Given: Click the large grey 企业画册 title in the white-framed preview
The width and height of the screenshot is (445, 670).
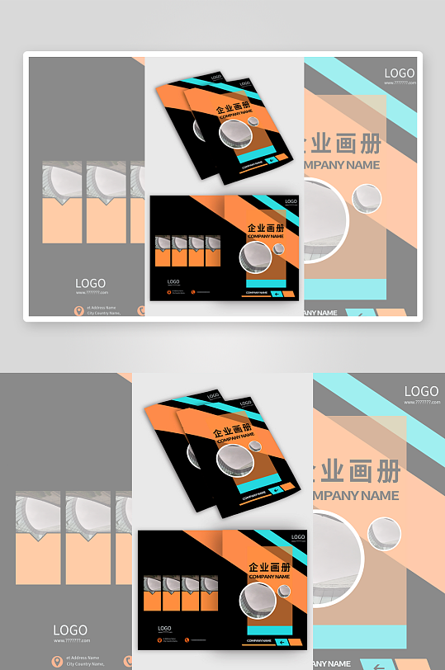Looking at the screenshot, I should coord(342,143).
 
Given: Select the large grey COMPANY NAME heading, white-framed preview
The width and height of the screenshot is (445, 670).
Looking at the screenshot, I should coord(342,164).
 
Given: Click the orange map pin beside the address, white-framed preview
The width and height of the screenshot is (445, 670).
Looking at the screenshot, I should coord(79,310).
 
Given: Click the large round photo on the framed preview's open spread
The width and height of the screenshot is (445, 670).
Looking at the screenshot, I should coord(255,257).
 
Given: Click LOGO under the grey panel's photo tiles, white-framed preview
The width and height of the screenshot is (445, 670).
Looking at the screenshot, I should coord(90,283).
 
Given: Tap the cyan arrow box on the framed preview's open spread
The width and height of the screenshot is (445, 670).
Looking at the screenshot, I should coord(277,292).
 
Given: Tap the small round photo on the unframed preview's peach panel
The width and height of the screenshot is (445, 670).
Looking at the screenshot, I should coord(384,533).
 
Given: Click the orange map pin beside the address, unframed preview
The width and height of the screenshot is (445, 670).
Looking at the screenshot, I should coord(55,660).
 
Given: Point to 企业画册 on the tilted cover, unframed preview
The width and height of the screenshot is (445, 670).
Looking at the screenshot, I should coord(230,433).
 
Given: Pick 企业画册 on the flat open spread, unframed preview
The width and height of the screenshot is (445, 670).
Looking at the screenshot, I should coord(269,568).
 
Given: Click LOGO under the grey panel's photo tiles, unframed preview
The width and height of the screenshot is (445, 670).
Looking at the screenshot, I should coord(70,630).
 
